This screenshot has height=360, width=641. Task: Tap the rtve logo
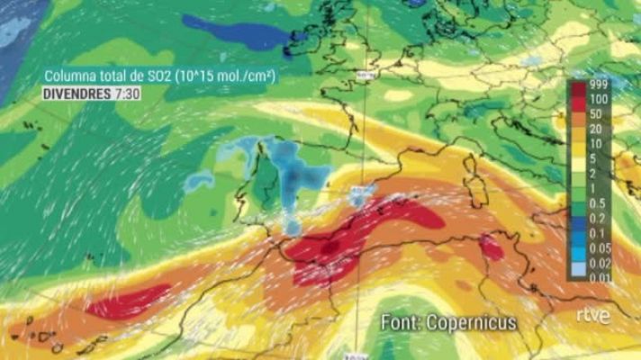coord(593,316)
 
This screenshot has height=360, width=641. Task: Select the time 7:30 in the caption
coord(127,94)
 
